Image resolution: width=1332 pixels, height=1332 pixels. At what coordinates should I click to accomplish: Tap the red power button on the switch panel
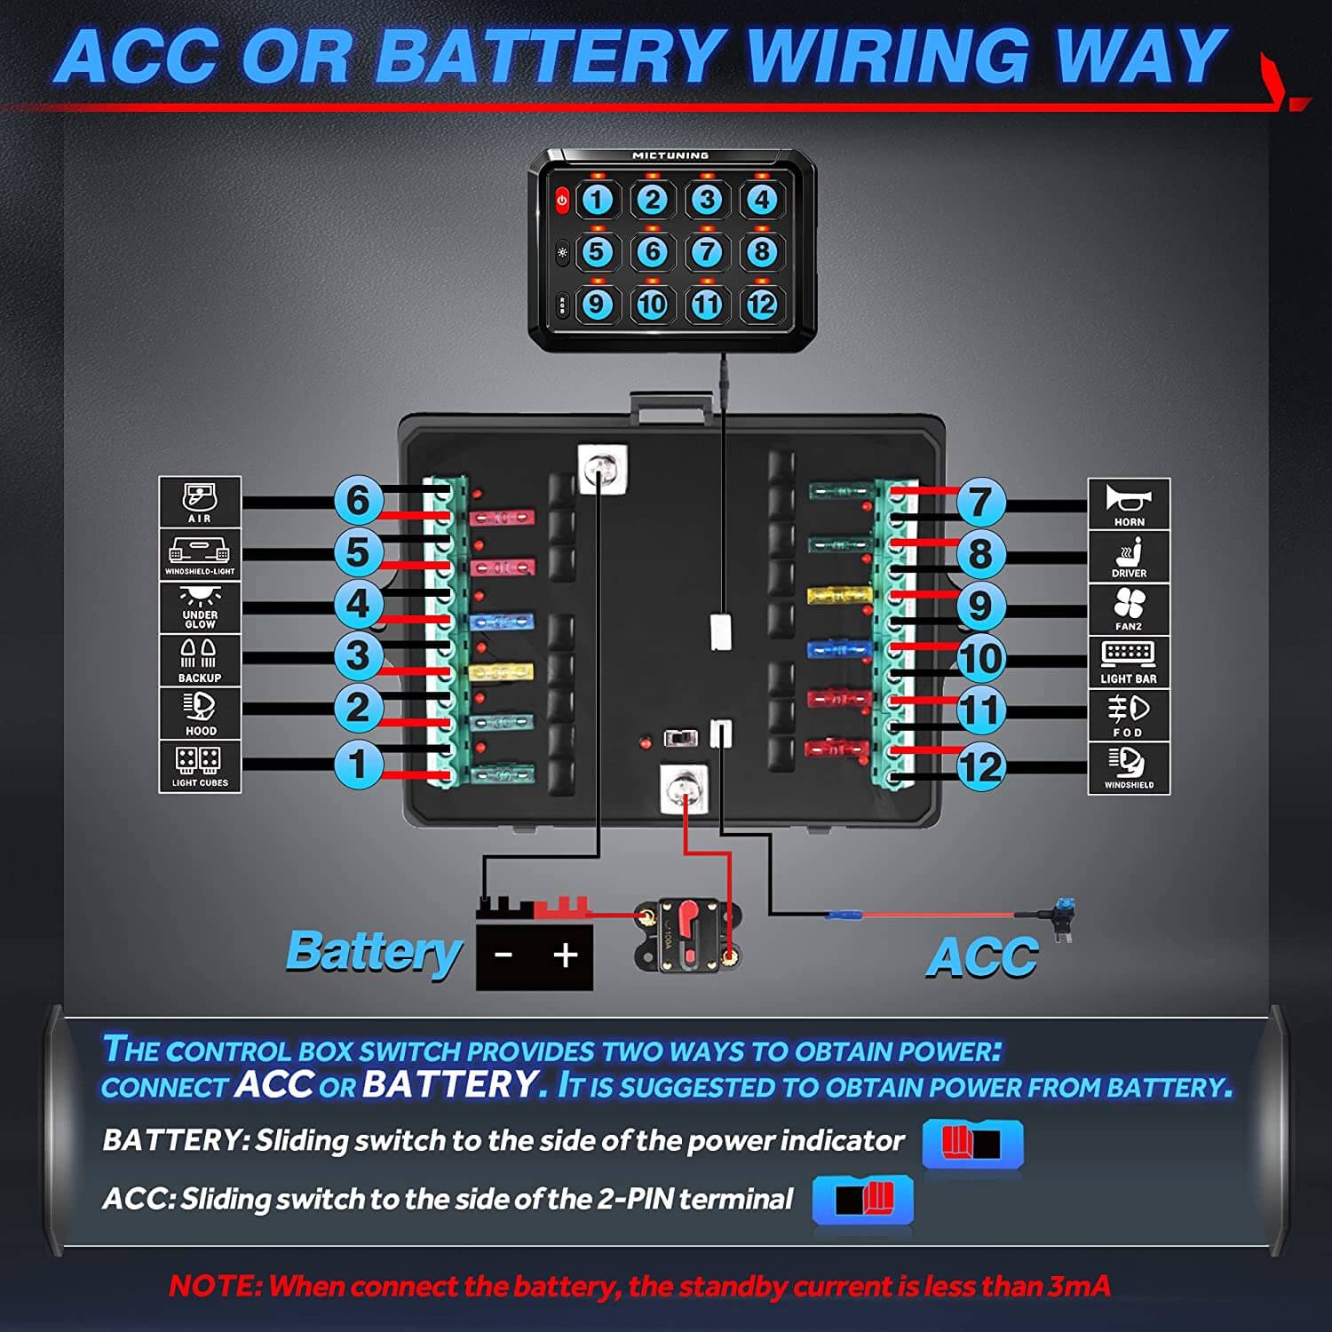(562, 201)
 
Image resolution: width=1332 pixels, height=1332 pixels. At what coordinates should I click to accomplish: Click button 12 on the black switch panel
(761, 305)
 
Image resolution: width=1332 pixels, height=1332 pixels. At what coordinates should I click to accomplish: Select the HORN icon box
(1129, 504)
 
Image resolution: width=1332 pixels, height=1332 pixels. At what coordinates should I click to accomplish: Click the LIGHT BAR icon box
(1129, 662)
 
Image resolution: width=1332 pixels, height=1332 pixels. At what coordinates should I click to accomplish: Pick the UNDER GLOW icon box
(200, 607)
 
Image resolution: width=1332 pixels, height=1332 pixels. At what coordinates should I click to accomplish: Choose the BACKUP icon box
(200, 660)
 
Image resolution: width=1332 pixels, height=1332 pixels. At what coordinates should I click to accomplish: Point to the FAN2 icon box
(1129, 609)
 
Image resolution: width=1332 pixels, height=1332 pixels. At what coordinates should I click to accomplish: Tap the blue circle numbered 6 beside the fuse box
(357, 500)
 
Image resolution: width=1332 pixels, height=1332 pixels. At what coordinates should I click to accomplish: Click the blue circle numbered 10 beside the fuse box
(980, 659)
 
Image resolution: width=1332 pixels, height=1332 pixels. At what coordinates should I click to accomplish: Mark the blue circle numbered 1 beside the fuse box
(357, 764)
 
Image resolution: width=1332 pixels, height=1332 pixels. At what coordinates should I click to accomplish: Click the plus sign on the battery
(565, 955)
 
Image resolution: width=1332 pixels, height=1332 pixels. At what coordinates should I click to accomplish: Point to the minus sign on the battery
(503, 955)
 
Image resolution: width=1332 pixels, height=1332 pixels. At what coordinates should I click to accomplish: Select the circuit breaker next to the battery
(688, 937)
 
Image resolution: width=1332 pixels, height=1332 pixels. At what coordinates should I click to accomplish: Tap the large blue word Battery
(374, 952)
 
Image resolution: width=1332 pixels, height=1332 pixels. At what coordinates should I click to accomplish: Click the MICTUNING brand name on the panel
(670, 155)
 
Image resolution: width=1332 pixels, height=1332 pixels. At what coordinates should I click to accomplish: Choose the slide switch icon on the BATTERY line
(972, 1143)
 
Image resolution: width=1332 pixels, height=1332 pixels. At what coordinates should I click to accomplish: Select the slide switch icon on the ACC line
(863, 1200)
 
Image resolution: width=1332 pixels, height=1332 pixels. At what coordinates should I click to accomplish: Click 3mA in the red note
(1078, 1286)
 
